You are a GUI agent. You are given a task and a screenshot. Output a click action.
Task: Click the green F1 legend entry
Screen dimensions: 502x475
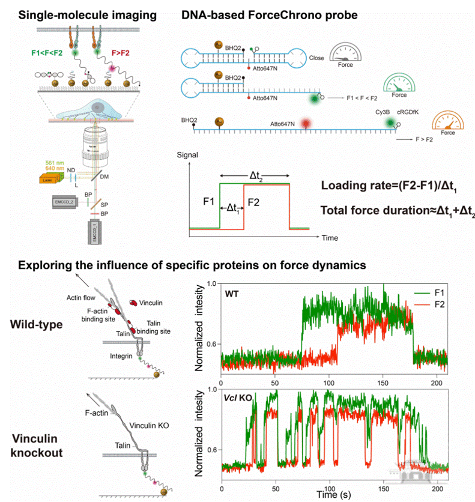(x=432, y=292)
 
